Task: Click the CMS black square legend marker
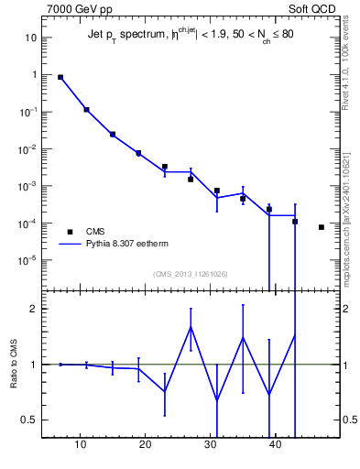click(x=69, y=231)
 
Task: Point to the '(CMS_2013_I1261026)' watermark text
click(x=191, y=274)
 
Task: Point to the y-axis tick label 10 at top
click(x=30, y=38)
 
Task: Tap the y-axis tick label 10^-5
click(x=28, y=260)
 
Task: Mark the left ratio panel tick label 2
click(x=33, y=309)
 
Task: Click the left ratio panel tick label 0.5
click(x=29, y=420)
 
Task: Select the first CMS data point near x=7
click(x=60, y=78)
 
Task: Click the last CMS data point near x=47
click(x=322, y=227)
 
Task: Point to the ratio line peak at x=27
click(x=191, y=327)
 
